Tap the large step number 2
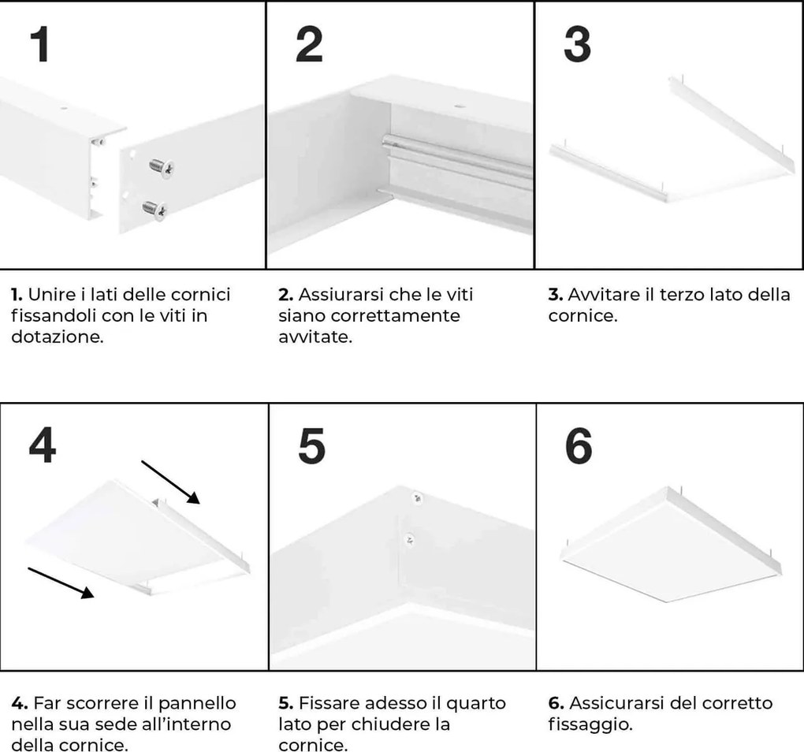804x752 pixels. [x=309, y=46]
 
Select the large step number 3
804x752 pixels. [x=577, y=46]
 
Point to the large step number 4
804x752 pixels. [x=42, y=447]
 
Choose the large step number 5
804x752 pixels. [x=312, y=447]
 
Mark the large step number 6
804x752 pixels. [x=579, y=447]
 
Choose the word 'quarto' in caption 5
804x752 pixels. [x=480, y=702]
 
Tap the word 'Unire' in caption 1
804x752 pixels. [x=49, y=295]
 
